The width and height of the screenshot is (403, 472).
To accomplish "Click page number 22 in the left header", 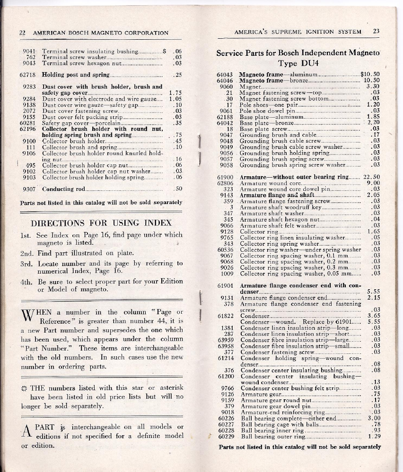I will [x=22, y=33].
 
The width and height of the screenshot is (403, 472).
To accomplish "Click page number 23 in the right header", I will [x=377, y=32].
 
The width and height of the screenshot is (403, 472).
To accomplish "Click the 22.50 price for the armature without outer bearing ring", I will [x=372, y=177].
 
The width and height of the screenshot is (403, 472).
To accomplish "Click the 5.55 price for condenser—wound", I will [x=373, y=322].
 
